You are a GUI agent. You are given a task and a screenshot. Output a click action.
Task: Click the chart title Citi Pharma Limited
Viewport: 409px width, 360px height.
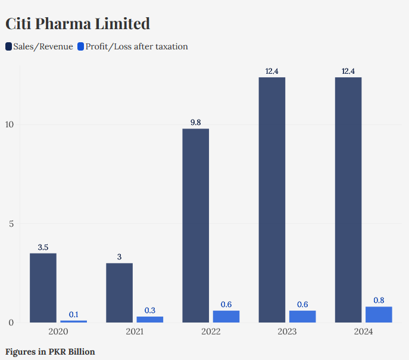[x=77, y=24]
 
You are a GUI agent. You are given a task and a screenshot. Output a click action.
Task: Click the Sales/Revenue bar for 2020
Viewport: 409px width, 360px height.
[x=43, y=288]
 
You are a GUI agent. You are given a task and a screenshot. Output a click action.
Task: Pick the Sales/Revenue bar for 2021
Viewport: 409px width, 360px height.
[x=119, y=293]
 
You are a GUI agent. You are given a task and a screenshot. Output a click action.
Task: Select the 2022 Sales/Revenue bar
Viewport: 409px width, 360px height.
[x=195, y=226]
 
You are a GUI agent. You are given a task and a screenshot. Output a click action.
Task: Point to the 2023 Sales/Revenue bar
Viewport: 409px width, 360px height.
[x=271, y=200]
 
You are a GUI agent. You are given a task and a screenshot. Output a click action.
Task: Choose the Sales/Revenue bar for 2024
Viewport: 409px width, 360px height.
[x=348, y=200]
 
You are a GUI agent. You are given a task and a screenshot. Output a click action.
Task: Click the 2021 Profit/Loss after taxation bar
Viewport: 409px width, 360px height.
[x=149, y=320]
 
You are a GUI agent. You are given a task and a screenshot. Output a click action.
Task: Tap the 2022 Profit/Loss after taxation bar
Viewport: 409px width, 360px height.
[x=226, y=317]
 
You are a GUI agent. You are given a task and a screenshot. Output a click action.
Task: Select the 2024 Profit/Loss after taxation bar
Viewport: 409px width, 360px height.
[x=378, y=315]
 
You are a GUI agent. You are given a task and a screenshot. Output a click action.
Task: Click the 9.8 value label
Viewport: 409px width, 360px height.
[x=195, y=123]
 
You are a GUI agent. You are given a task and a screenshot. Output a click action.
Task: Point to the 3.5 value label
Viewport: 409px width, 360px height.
[x=43, y=247]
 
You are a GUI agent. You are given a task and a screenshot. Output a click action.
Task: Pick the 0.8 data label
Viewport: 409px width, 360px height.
[x=378, y=300]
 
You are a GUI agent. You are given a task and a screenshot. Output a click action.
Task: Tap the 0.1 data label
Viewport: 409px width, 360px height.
[x=73, y=314]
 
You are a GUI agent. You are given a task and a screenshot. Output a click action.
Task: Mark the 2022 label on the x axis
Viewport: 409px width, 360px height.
[x=211, y=331]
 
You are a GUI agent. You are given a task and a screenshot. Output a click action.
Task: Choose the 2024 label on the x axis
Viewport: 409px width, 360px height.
[x=363, y=331]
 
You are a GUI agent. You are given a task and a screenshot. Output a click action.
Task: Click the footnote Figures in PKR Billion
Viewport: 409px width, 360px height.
[x=50, y=352]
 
